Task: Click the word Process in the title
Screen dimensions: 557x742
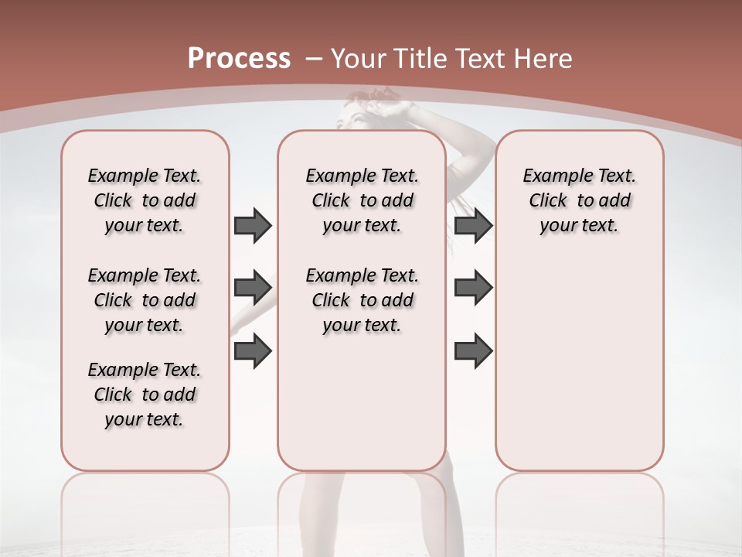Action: (239, 59)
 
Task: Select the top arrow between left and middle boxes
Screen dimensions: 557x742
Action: (253, 225)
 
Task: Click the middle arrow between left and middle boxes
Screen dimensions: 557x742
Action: (253, 288)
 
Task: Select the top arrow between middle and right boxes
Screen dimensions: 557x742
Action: (473, 225)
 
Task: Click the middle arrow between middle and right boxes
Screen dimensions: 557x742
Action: (473, 288)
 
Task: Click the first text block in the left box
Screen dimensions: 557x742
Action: (145, 200)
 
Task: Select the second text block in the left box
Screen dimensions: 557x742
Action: (145, 300)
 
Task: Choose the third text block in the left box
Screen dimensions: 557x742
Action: (145, 395)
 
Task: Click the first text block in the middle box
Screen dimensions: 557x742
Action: (362, 200)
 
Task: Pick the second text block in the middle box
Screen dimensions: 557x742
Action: (362, 300)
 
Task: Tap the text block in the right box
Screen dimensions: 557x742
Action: (579, 200)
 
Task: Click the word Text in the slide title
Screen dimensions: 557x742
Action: (481, 59)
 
